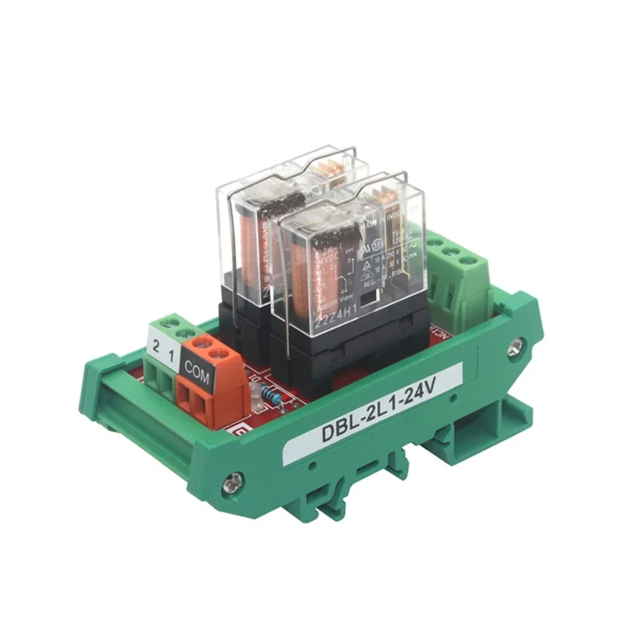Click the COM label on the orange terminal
[x=196, y=363]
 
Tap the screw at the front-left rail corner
[x=230, y=486]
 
